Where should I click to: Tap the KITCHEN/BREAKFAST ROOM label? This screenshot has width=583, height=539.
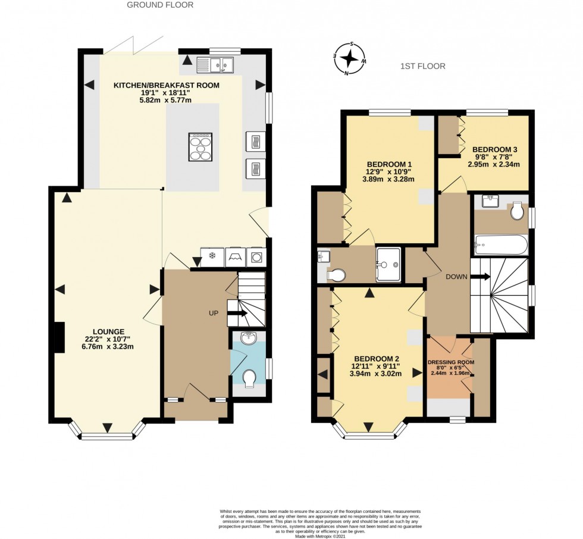167,86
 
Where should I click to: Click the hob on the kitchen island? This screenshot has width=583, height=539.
200,146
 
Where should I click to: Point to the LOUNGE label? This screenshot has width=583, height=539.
108,331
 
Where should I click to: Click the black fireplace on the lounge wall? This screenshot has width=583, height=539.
59,338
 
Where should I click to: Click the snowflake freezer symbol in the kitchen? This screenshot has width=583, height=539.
212,256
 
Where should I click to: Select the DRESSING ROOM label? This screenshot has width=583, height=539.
450,361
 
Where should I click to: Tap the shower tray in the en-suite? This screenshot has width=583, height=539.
388,265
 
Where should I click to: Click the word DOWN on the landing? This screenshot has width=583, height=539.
456,277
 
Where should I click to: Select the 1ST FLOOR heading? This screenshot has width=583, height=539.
422,66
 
